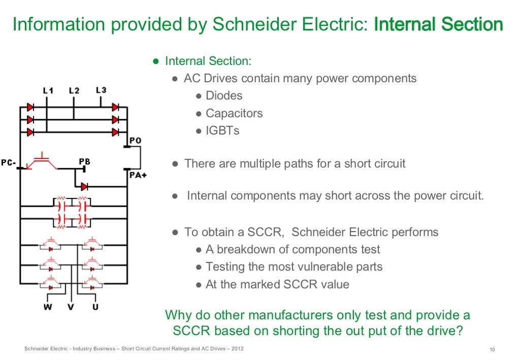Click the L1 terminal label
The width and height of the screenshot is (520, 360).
point(48,91)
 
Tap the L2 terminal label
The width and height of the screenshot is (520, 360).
point(74,91)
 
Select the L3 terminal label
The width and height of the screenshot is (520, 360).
point(101,90)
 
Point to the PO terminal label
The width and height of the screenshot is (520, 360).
point(136,140)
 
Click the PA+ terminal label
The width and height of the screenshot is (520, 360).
point(137,175)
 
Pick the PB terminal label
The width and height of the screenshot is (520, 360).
point(84,161)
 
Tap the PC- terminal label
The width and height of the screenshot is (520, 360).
point(8,163)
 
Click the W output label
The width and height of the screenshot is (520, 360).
point(47,307)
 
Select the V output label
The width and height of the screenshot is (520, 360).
point(72,307)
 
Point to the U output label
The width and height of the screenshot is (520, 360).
point(95,307)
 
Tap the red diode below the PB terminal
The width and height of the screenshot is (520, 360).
point(84,186)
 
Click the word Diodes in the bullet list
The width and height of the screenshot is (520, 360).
point(224,96)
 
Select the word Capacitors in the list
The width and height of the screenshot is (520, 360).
point(234,113)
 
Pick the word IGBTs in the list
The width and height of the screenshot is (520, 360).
point(222,130)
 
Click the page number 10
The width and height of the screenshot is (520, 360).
point(492,349)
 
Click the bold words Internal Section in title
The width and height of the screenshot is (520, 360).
point(438,24)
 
